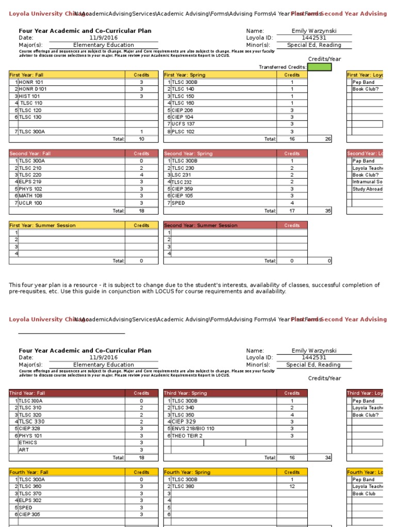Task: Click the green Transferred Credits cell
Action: pyautogui.click(x=319, y=67)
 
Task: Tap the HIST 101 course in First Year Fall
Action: pyautogui.click(x=29, y=96)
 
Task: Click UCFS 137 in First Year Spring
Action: pyautogui.click(x=183, y=124)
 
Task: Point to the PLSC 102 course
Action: pyautogui.click(x=183, y=132)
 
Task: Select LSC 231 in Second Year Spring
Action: pyautogui.click(x=181, y=175)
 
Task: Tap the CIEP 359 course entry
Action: pyautogui.click(x=183, y=189)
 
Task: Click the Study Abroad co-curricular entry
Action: pyautogui.click(x=367, y=189)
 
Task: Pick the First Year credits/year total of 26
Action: pyautogui.click(x=328, y=139)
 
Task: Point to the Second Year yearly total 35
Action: pyautogui.click(x=328, y=210)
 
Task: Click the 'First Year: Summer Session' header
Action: pyautogui.click(x=42, y=225)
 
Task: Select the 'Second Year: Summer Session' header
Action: pyautogui.click(x=201, y=225)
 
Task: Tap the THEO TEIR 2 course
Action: pyautogui.click(x=187, y=436)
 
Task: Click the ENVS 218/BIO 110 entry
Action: pyautogui.click(x=193, y=429)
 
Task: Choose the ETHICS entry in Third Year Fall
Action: pyautogui.click(x=28, y=443)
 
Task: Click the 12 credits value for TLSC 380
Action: pyautogui.click(x=292, y=486)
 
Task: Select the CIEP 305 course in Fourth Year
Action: pyautogui.click(x=29, y=515)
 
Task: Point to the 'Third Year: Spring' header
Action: pyautogui.click(x=185, y=393)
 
